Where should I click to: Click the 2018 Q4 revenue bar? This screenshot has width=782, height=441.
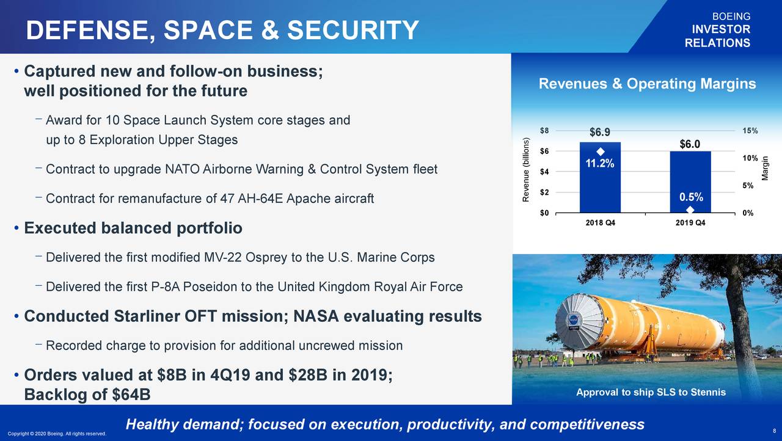point(600,177)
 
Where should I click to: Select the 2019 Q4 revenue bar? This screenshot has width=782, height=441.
point(690,182)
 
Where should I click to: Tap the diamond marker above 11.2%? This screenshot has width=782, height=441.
point(601,151)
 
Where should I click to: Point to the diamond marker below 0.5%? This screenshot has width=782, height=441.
point(690,210)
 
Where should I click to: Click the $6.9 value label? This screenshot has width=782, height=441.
point(600,132)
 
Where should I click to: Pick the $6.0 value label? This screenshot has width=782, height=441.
point(690,144)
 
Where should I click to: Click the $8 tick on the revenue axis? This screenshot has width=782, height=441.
point(544,131)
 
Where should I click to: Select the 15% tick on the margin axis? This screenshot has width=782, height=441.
point(750,131)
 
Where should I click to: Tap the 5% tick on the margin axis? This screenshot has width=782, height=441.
point(748,186)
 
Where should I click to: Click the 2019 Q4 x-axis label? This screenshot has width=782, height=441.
point(690,222)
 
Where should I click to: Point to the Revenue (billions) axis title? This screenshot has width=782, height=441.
point(526,170)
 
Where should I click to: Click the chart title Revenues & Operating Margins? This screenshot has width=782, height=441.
point(647,84)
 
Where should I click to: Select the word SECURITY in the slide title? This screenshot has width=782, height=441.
point(353,30)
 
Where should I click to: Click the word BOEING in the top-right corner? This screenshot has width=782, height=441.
point(731,16)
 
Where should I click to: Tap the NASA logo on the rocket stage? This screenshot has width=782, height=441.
point(573,319)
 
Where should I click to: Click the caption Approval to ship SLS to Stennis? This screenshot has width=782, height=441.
point(651,392)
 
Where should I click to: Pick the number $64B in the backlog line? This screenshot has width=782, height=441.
point(131,395)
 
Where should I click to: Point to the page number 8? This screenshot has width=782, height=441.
point(774,431)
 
